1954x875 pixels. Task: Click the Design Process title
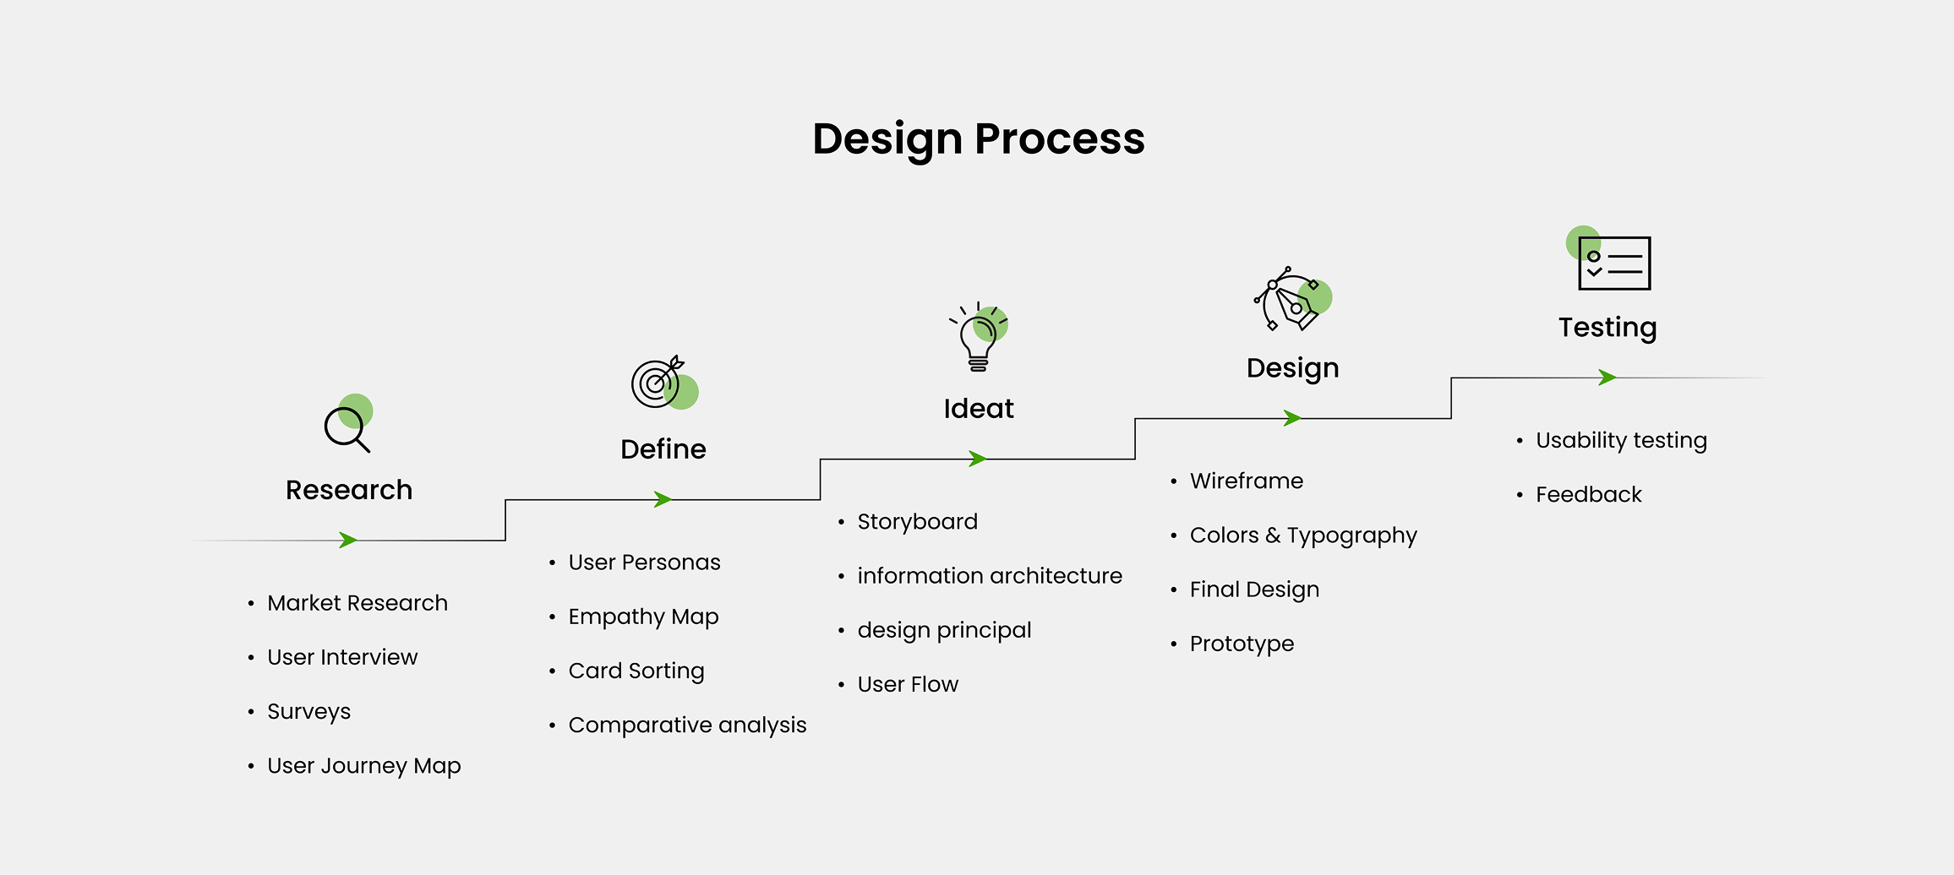point(978,139)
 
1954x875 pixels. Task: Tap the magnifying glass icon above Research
point(347,427)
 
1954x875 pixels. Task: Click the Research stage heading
point(349,490)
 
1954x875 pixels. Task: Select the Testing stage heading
point(1607,328)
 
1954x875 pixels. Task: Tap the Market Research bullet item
point(358,603)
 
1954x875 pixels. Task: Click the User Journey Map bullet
point(364,766)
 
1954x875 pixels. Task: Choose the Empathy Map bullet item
point(643,617)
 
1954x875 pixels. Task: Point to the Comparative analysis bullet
point(687,725)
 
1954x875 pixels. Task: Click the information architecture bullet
point(990,576)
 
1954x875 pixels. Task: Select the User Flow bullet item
point(908,684)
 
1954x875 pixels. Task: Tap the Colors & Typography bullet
point(1303,535)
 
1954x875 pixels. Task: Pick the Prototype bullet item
point(1242,644)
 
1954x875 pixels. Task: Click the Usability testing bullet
point(1621,440)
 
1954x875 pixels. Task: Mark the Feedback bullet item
point(1588,495)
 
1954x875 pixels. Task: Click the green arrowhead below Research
point(347,540)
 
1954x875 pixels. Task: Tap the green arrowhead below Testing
point(1607,378)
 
